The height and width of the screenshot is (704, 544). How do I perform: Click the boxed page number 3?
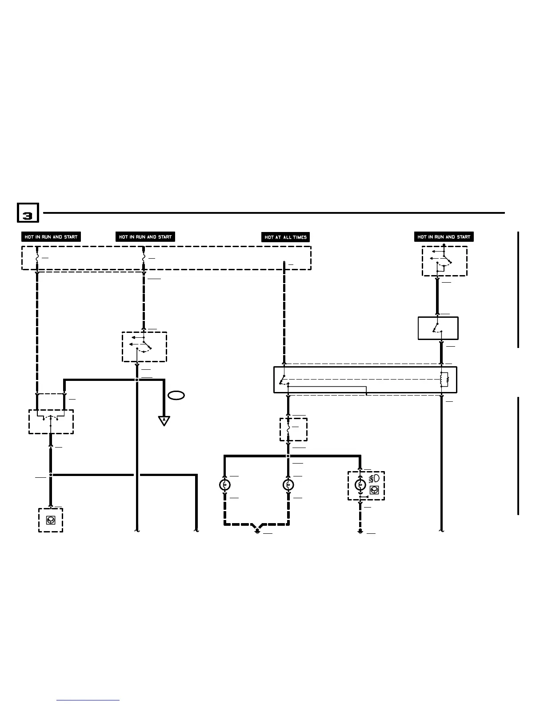point(28,213)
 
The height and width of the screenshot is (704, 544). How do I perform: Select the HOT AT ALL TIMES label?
point(285,237)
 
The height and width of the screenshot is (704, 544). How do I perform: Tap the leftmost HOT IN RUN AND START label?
point(51,237)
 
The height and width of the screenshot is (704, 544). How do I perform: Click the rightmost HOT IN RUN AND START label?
point(444,237)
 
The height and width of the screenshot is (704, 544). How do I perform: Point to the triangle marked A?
point(164,420)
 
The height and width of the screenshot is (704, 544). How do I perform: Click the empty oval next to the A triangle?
point(176,395)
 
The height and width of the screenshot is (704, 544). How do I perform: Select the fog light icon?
point(374,479)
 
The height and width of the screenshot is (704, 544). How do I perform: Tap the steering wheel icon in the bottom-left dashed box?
point(51,520)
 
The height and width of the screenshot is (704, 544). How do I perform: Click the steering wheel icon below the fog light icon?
point(374,490)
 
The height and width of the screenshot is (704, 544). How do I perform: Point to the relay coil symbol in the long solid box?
point(444,380)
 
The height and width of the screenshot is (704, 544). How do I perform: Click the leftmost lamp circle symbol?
point(225,484)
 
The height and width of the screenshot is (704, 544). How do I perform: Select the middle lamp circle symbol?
point(288,484)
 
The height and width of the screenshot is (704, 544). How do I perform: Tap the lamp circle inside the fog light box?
point(360,484)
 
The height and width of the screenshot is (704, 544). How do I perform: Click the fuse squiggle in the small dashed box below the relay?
point(288,429)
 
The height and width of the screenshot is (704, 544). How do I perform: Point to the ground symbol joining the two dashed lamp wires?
point(257,530)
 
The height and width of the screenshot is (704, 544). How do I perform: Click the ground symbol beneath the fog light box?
point(360,531)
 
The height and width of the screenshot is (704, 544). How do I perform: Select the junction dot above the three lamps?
point(288,456)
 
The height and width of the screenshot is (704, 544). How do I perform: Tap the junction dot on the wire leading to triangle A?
point(137,380)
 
